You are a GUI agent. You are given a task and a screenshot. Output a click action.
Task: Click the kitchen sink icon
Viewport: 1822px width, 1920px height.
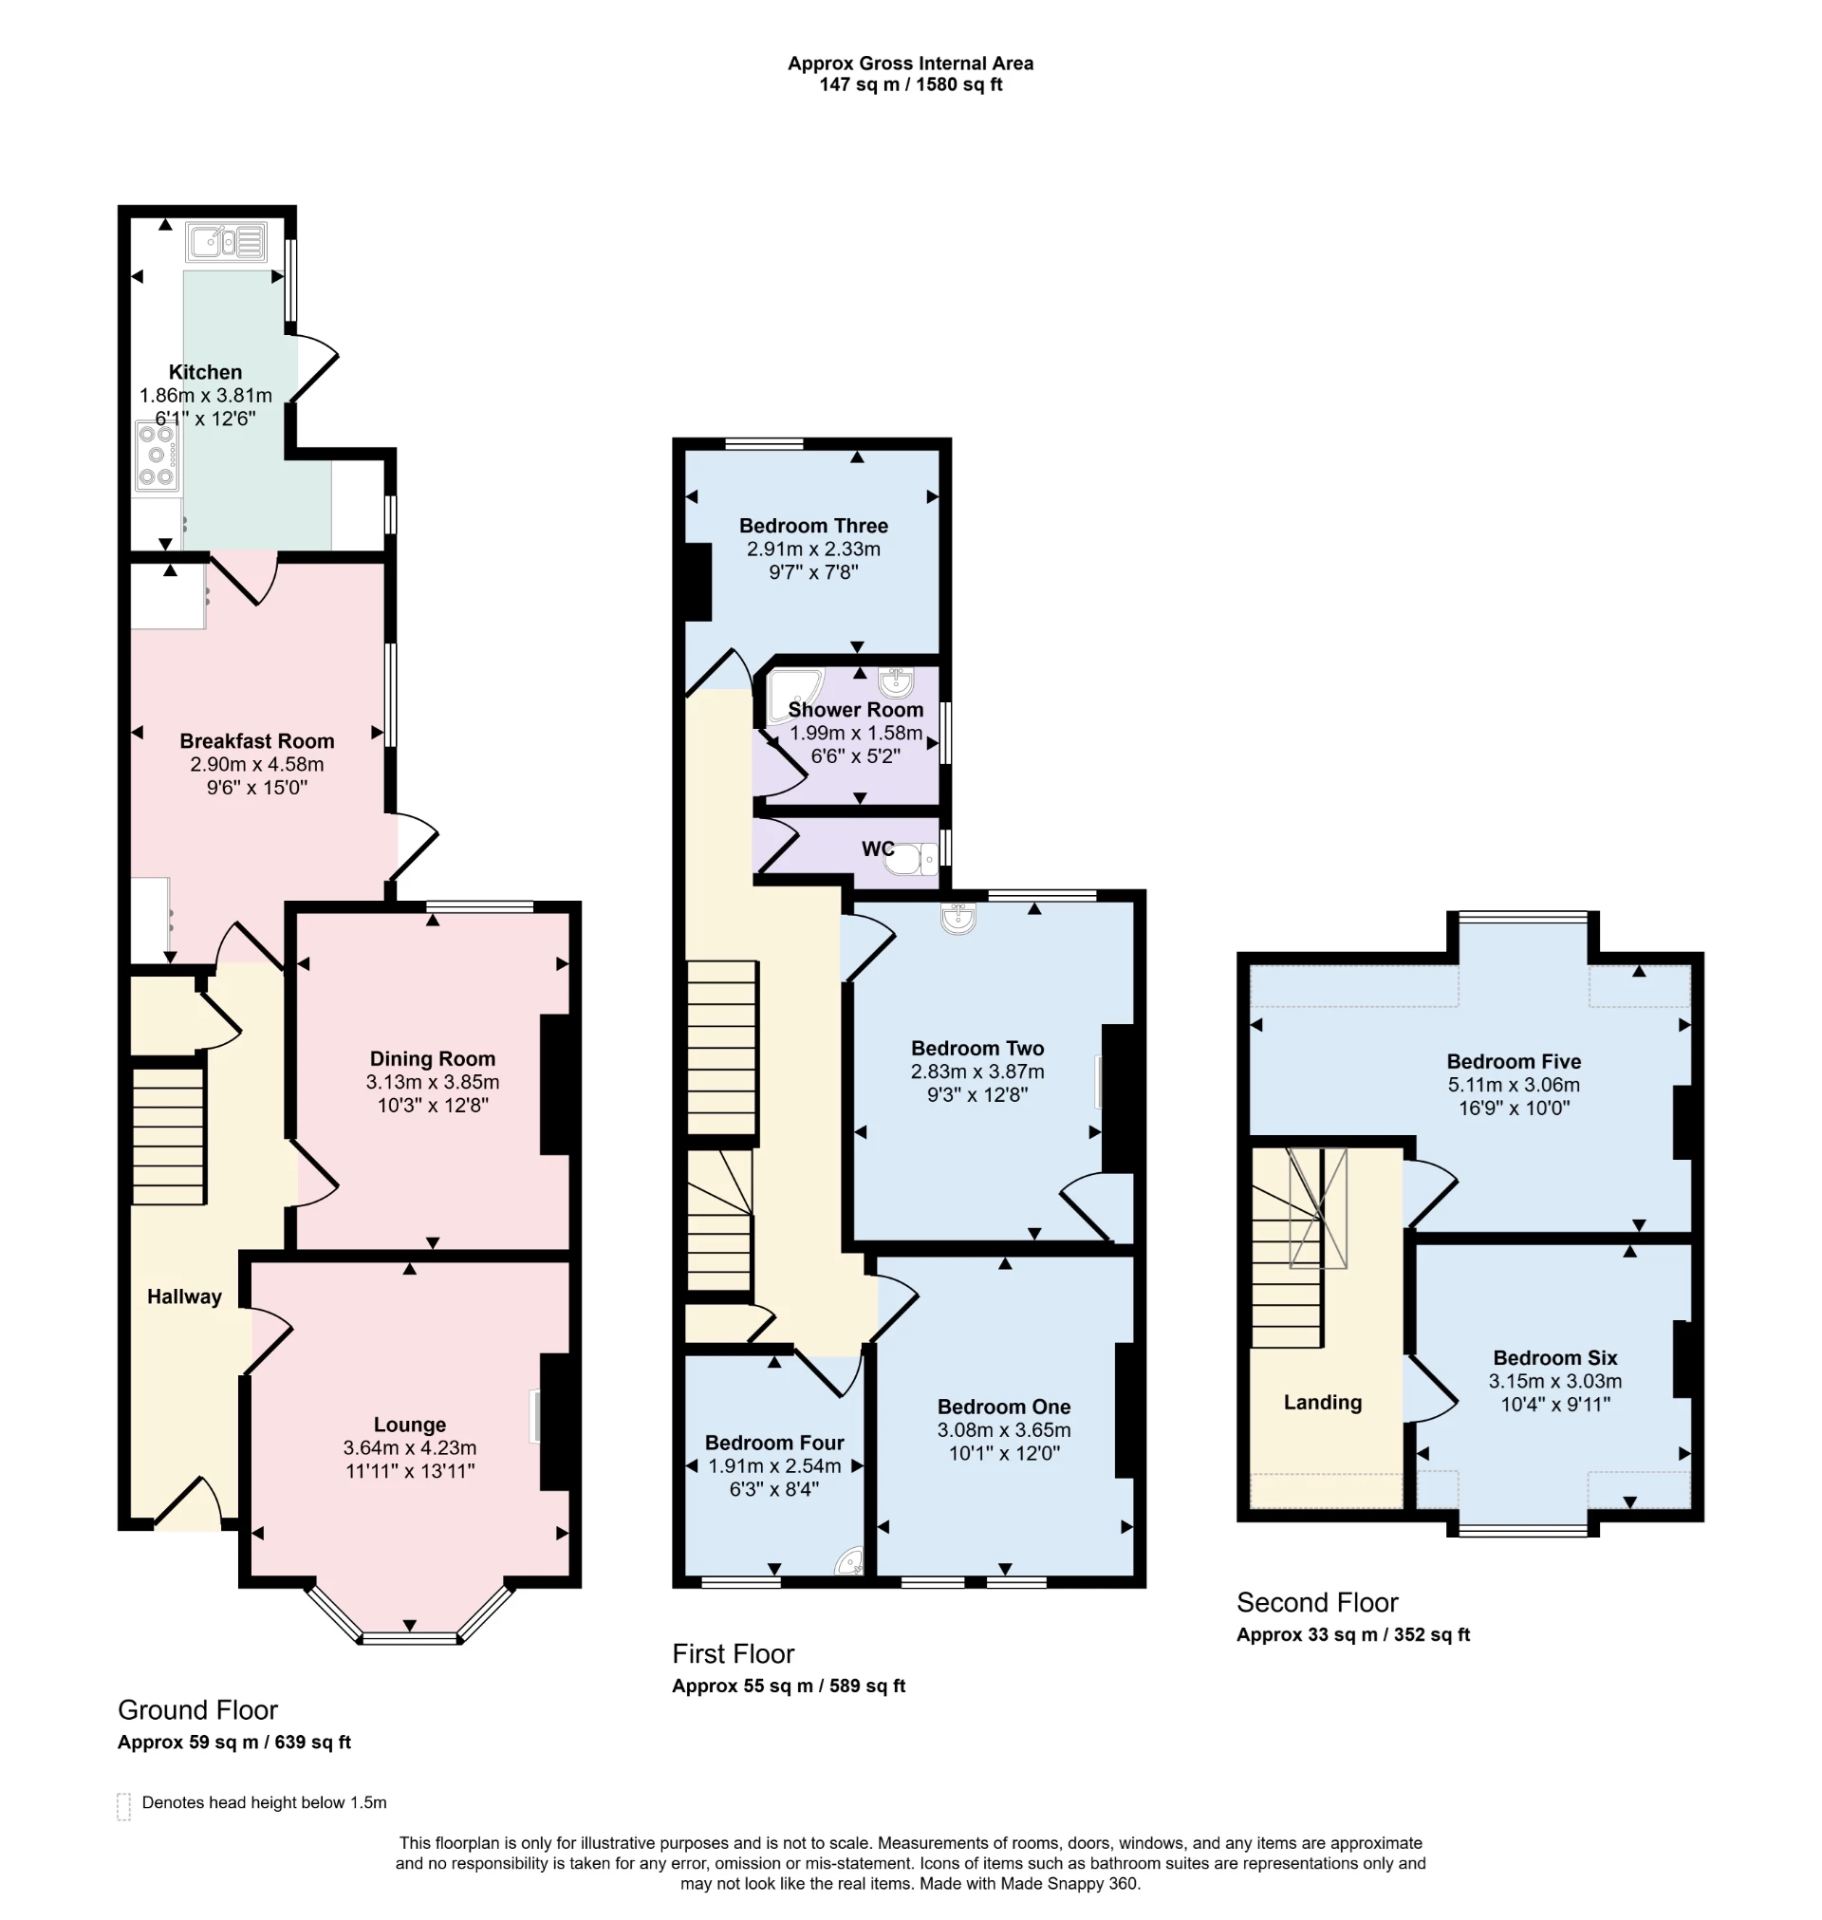[226, 242]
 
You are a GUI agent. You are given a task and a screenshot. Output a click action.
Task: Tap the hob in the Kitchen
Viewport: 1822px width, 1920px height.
[157, 456]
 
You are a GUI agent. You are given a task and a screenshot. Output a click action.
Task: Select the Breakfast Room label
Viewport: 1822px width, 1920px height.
[256, 741]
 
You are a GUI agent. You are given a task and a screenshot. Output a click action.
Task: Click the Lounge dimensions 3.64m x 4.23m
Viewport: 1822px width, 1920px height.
[409, 1447]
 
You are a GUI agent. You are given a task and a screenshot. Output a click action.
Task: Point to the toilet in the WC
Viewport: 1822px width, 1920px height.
[911, 859]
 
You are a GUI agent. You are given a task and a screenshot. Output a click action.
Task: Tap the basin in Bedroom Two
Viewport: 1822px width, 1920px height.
[957, 918]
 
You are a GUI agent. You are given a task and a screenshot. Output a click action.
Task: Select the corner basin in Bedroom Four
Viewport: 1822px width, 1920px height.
[851, 1561]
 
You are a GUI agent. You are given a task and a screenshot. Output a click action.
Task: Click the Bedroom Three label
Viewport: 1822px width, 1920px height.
[813, 526]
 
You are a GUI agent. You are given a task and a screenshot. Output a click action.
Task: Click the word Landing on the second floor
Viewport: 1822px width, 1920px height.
[1322, 1403]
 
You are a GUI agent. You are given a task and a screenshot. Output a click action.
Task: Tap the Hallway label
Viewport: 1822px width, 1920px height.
[183, 1296]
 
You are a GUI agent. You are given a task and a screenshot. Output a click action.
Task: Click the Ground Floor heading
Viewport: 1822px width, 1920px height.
[197, 1709]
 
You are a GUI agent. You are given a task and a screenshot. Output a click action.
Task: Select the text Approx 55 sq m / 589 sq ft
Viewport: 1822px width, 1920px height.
[788, 1686]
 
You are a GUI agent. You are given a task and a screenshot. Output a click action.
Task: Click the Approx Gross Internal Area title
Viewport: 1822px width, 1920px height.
[910, 64]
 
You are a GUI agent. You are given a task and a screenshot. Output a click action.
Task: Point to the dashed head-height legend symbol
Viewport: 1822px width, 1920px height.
[123, 1806]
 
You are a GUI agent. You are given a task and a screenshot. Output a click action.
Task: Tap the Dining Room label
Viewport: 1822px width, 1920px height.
[432, 1058]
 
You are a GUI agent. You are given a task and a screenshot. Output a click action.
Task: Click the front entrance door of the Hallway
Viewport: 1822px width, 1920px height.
[189, 1503]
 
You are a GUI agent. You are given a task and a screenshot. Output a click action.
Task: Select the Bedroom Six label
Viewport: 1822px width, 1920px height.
[1555, 1358]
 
